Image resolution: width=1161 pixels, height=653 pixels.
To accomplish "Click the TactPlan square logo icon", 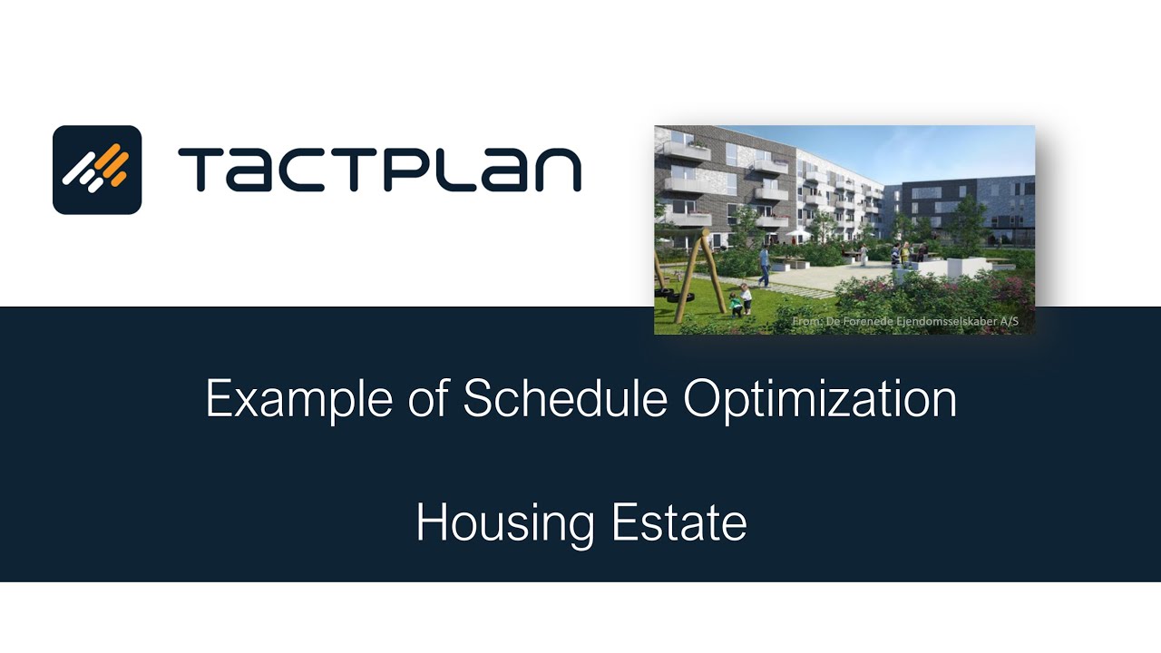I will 97,170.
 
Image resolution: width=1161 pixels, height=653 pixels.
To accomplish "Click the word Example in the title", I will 298,399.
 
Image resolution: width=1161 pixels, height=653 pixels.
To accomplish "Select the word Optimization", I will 820,399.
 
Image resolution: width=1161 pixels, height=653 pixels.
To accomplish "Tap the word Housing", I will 505,523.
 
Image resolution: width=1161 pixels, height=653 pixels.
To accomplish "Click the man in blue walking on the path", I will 765,266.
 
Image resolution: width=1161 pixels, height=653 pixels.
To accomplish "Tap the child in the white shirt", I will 746,298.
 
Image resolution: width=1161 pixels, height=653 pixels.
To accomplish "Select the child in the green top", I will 736,304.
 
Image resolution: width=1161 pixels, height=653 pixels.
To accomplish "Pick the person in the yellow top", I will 896,255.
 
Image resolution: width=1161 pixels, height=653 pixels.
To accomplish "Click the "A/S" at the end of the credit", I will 1008,322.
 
